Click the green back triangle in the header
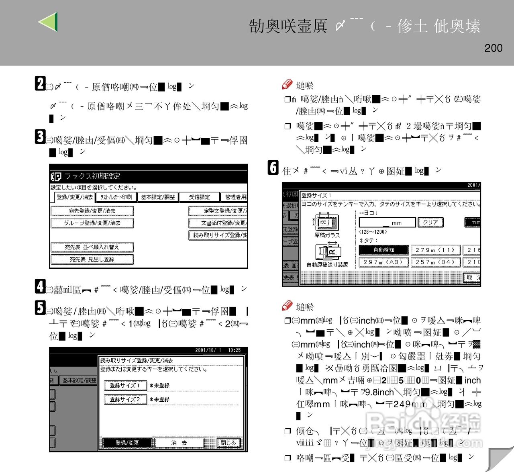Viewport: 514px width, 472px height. pos(48,22)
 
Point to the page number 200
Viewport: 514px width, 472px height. pos(493,48)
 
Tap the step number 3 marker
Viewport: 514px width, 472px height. pos(40,137)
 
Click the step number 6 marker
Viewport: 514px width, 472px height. pos(273,167)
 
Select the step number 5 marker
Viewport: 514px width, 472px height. pos(40,308)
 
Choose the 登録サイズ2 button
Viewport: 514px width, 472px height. pos(124,400)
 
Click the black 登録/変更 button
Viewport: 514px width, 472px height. pos(127,443)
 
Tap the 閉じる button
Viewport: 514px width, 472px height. pos(228,443)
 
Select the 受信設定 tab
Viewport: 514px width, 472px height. pos(199,197)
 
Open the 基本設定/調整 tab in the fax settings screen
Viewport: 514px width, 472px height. pos(158,197)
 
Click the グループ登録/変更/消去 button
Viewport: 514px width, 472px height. pos(92,223)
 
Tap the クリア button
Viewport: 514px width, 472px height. pos(430,222)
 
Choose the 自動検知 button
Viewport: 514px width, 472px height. pos(384,250)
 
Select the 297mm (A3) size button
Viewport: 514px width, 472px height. pos(384,262)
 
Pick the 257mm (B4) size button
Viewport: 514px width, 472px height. pos(435,262)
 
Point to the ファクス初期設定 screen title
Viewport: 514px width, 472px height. pos(92,176)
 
